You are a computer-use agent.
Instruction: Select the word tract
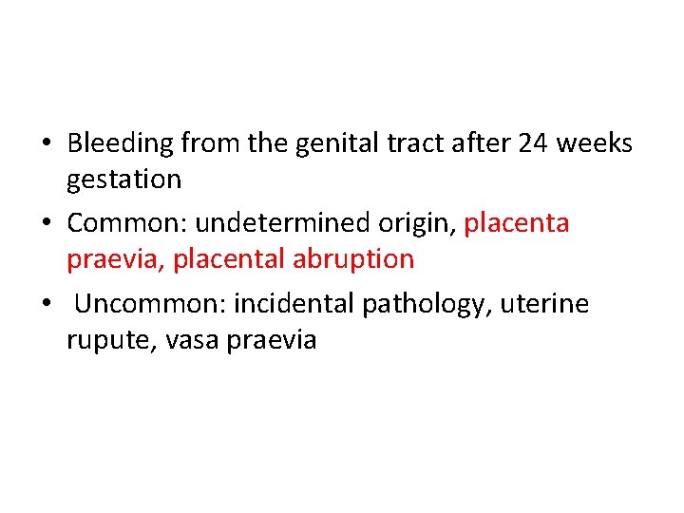406,143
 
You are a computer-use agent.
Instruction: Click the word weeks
594,143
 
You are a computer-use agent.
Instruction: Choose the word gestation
123,180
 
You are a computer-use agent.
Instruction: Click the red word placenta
517,224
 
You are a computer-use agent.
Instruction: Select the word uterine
545,304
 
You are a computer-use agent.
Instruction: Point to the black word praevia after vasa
272,339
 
